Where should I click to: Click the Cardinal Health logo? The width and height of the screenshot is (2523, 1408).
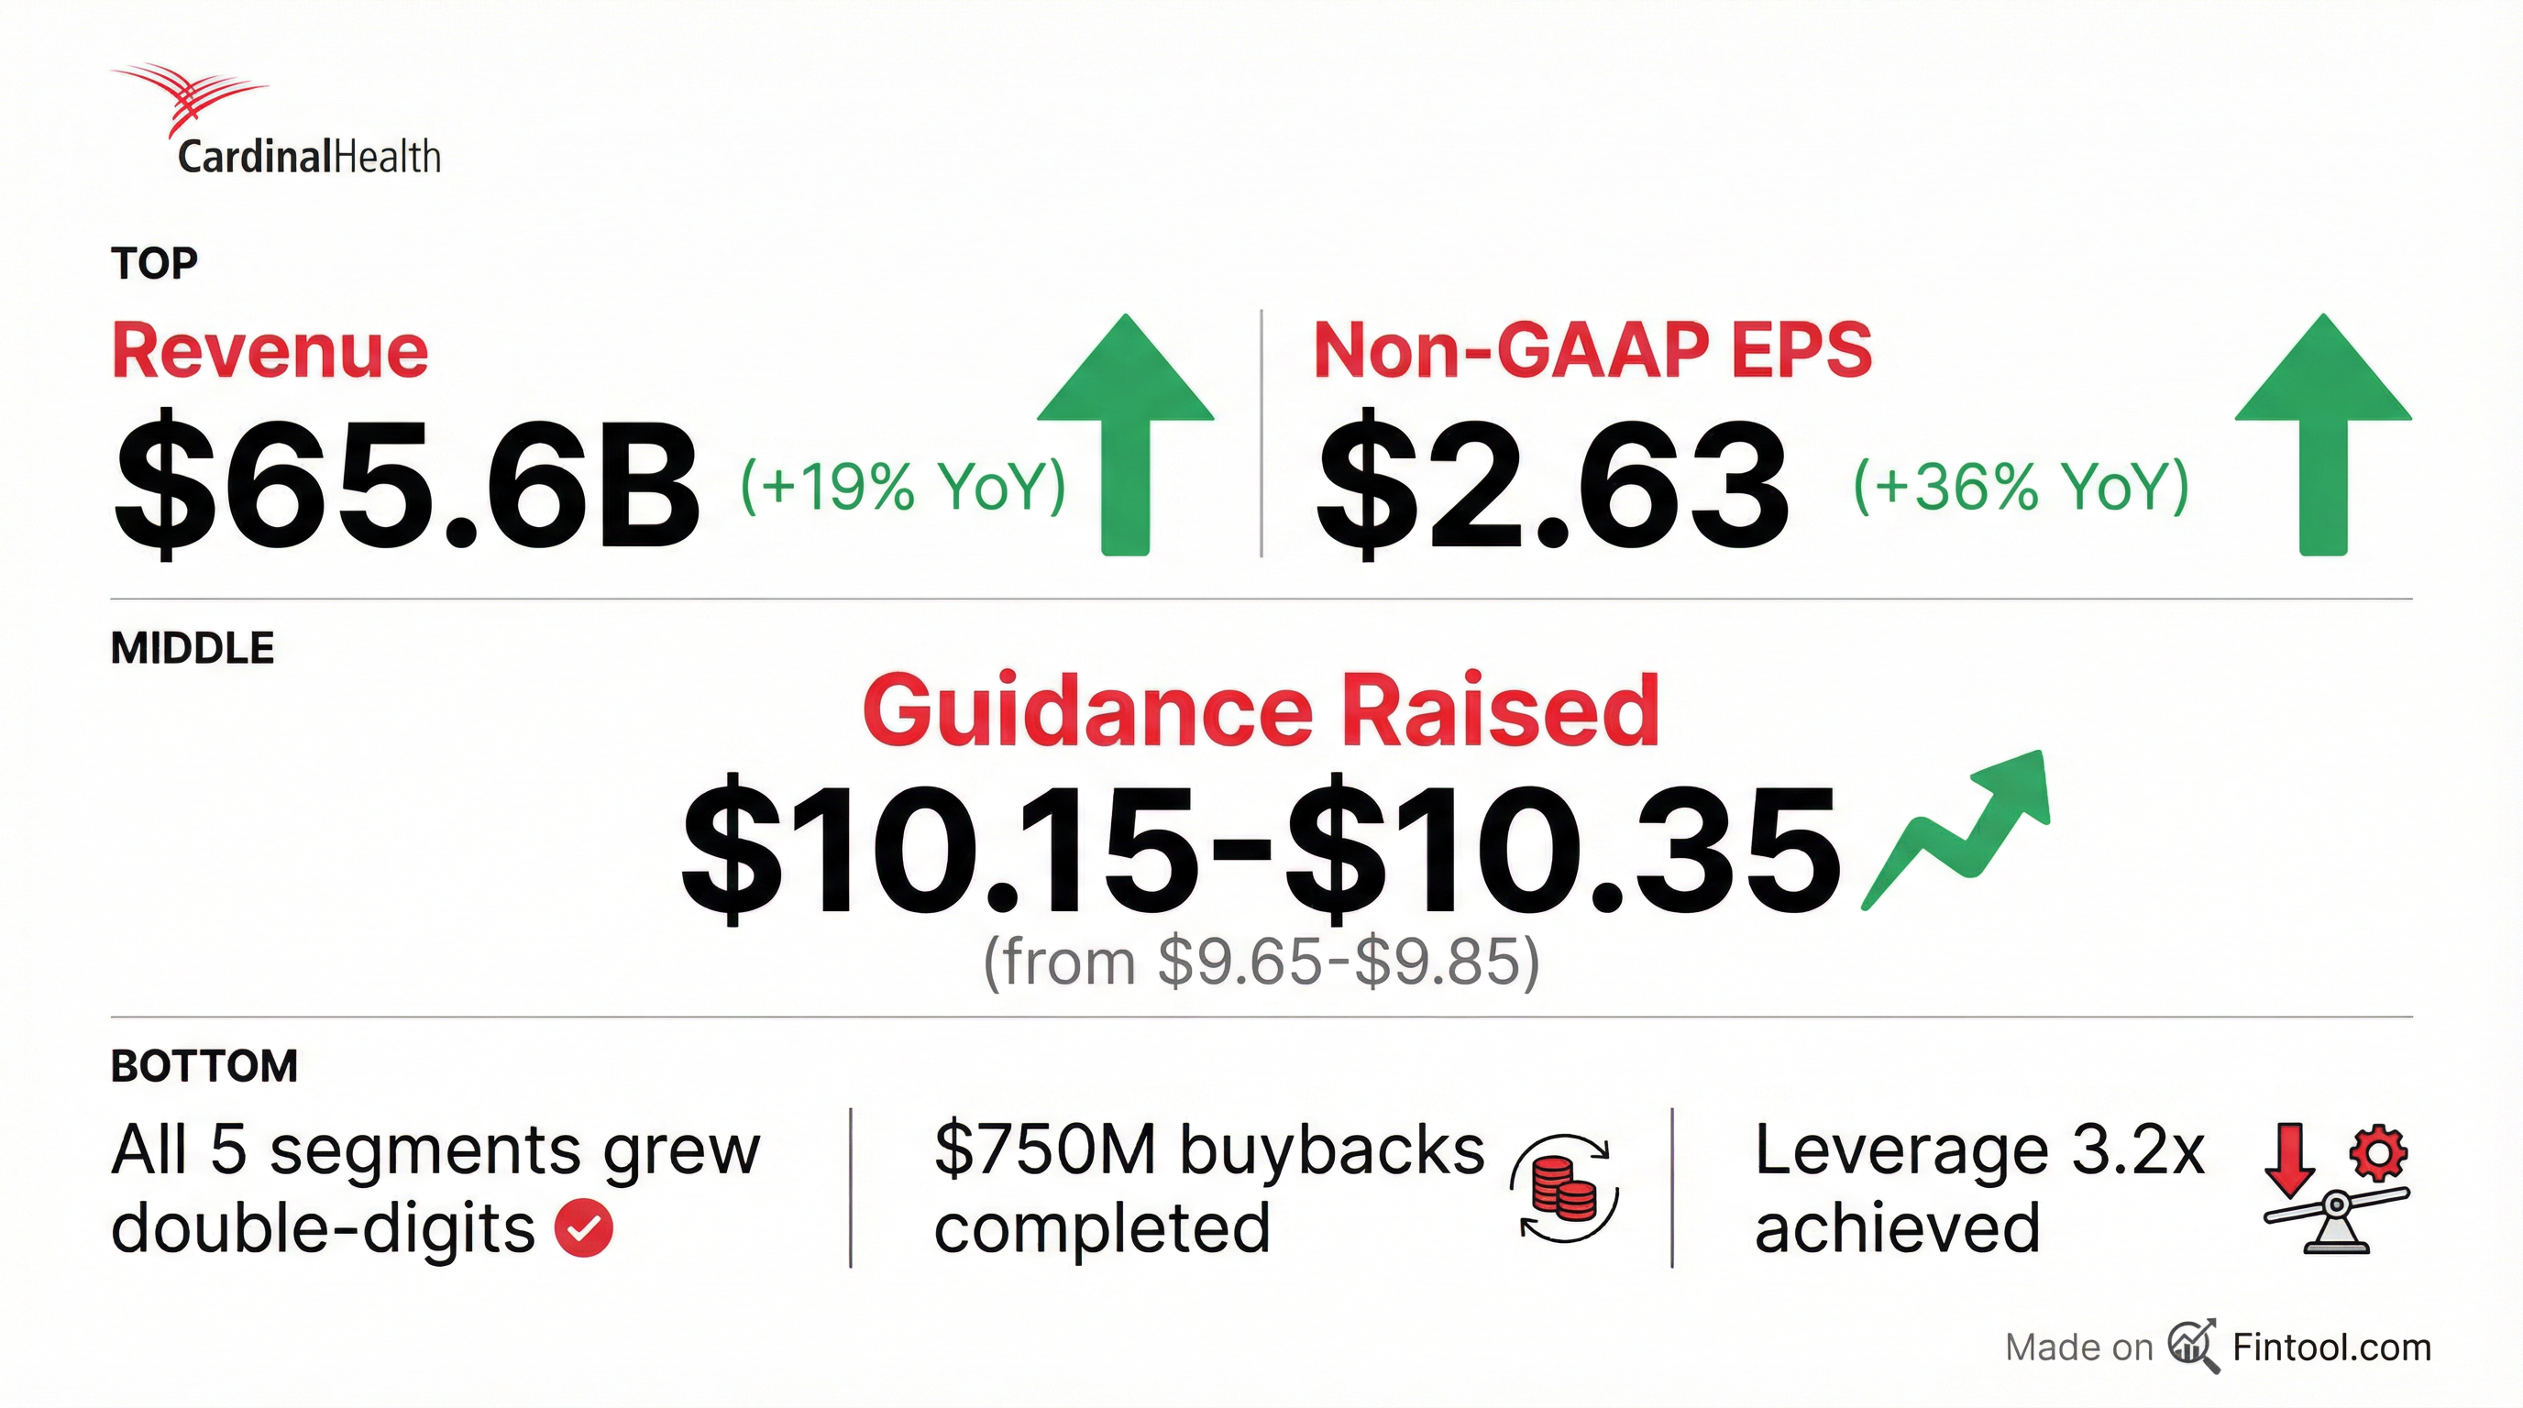(x=275, y=119)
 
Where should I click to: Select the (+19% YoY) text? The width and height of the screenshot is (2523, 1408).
(x=902, y=487)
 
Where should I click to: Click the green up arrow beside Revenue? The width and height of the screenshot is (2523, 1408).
(x=1126, y=434)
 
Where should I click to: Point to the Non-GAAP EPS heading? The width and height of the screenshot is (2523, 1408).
(x=1592, y=349)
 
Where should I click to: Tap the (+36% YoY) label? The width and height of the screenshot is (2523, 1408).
(x=2022, y=487)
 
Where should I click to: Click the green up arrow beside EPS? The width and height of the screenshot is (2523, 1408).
(x=2323, y=434)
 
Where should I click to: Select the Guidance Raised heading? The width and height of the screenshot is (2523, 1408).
(x=1261, y=710)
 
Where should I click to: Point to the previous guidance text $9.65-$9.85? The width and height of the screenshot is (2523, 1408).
(x=1348, y=962)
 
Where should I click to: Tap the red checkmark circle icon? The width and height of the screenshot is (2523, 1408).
(x=584, y=1227)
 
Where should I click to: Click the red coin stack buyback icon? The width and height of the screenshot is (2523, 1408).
(x=1564, y=1188)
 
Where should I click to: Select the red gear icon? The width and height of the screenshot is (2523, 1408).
(x=2379, y=1154)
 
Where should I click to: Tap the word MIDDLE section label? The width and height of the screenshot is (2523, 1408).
(x=193, y=648)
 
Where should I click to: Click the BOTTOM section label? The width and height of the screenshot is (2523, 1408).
(x=204, y=1066)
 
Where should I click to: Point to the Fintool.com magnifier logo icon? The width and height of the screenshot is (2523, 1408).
(x=2193, y=1347)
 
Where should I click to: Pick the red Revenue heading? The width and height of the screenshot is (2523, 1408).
(x=270, y=350)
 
